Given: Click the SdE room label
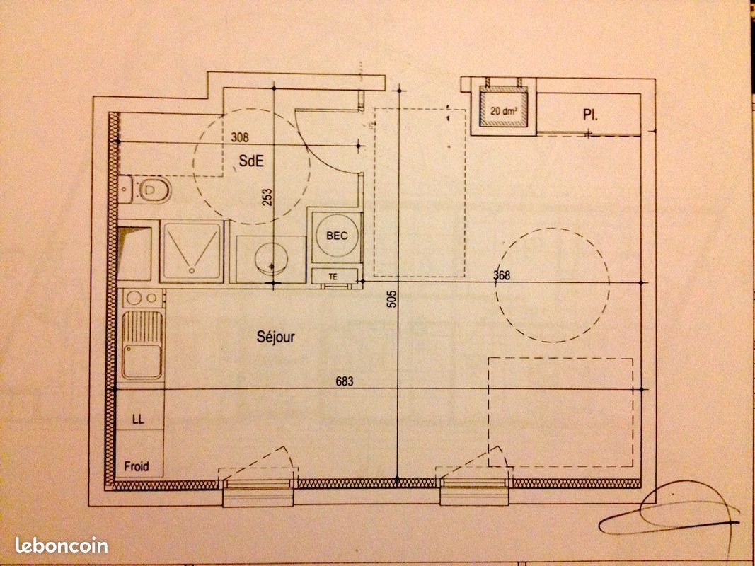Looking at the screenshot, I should tap(251, 161).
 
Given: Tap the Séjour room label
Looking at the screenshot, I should tap(275, 337).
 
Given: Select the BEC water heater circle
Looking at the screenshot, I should tap(337, 236).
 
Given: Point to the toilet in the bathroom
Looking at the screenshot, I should tap(151, 189).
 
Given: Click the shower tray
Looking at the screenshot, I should tap(192, 251).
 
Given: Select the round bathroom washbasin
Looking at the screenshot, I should tap(270, 259).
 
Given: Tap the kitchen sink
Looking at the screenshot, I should tap(142, 347).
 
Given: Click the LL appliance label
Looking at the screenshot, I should tap(139, 420).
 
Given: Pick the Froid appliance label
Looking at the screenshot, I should tap(137, 466).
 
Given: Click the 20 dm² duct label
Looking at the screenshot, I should tap(504, 110).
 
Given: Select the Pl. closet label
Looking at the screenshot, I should tap(589, 114).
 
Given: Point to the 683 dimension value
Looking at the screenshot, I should tap(345, 382).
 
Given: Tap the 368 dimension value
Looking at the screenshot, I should tap(502, 276).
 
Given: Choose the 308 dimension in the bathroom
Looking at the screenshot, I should tap(241, 138).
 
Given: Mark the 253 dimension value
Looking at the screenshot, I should tap(267, 195).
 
